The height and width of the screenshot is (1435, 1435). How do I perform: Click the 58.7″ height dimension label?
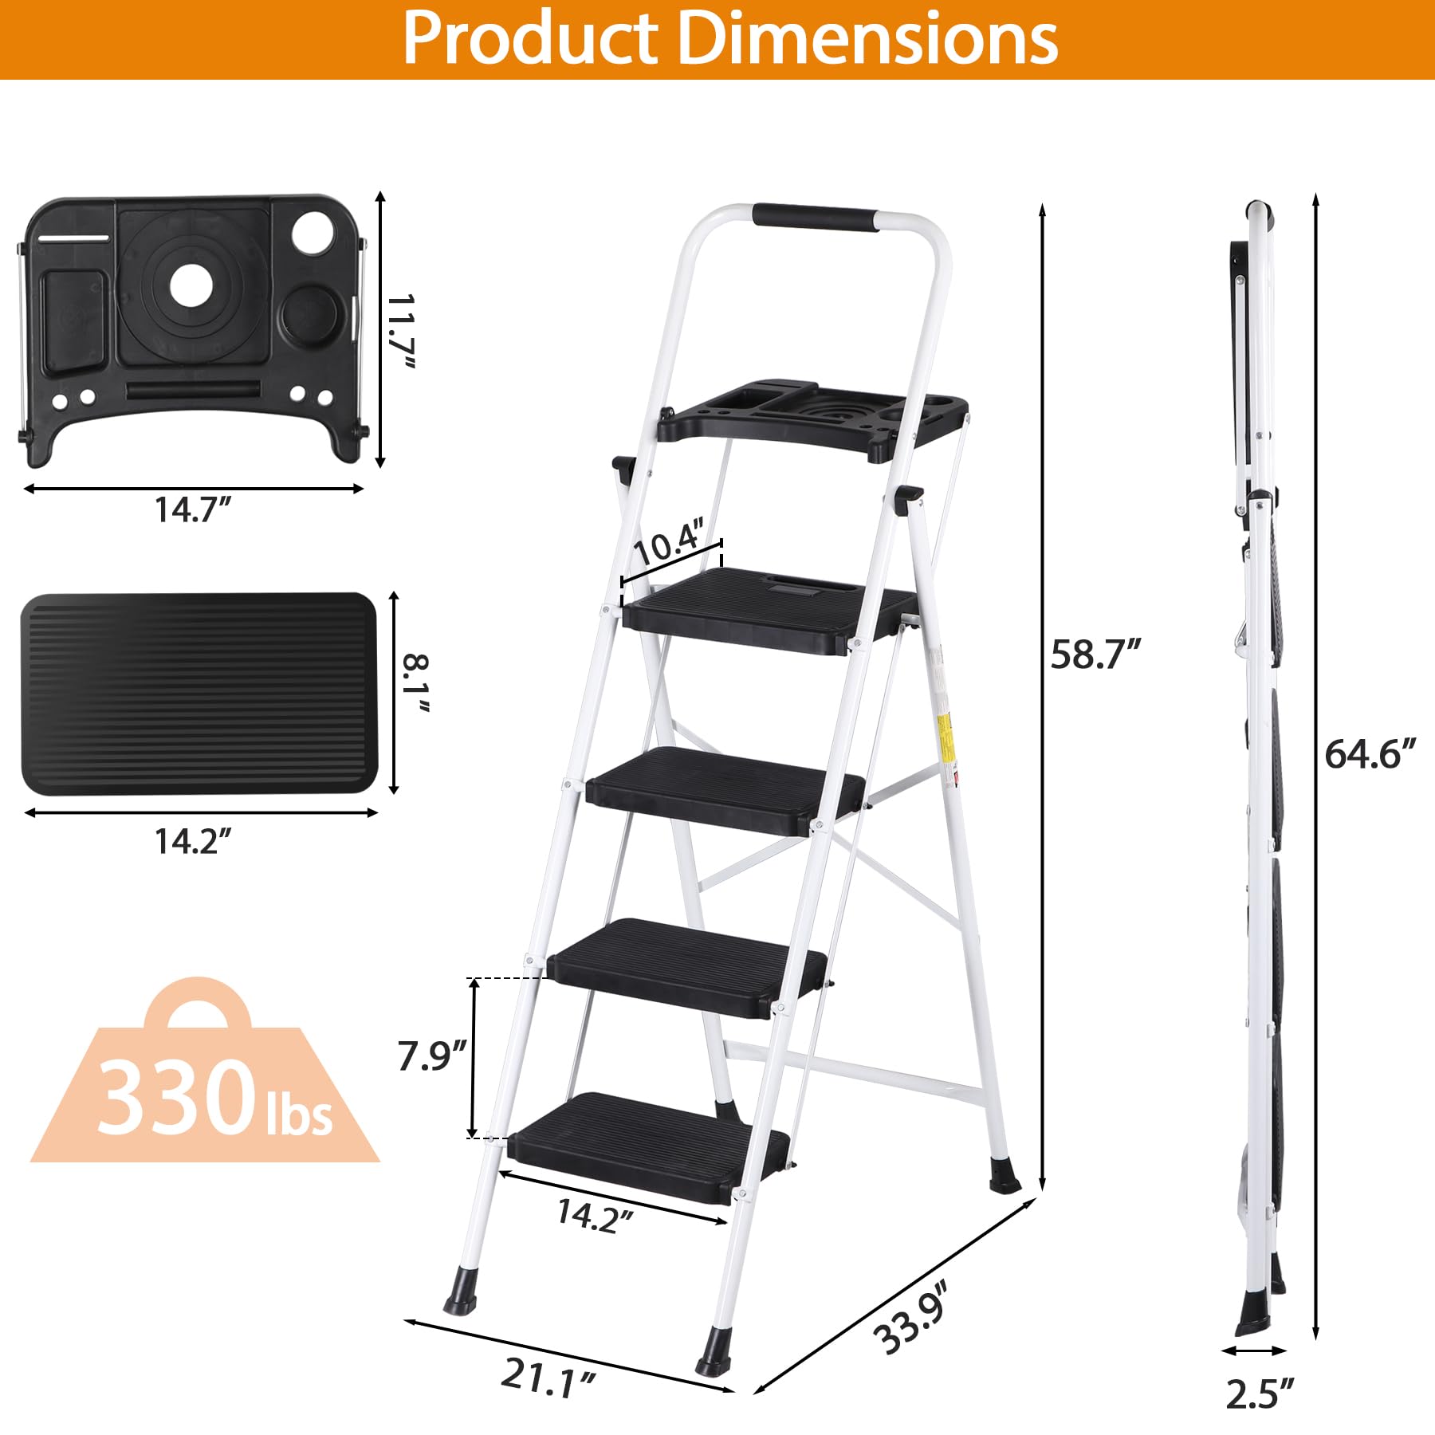pos(1095,655)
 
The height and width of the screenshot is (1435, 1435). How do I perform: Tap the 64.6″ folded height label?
pos(1370,754)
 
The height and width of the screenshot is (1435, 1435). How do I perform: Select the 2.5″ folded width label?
pos(1259,1394)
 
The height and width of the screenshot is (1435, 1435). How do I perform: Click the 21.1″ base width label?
pos(548,1377)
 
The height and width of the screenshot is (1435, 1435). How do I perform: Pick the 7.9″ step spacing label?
pos(431,1056)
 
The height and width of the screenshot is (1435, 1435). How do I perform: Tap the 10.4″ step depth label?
pos(668,542)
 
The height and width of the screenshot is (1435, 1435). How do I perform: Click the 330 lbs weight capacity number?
pos(175,1098)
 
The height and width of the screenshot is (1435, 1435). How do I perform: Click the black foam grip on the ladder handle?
pos(815,218)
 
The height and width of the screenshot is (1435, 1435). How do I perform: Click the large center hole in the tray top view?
pos(191,285)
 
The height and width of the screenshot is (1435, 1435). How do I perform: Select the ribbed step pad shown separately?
pos(199,694)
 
